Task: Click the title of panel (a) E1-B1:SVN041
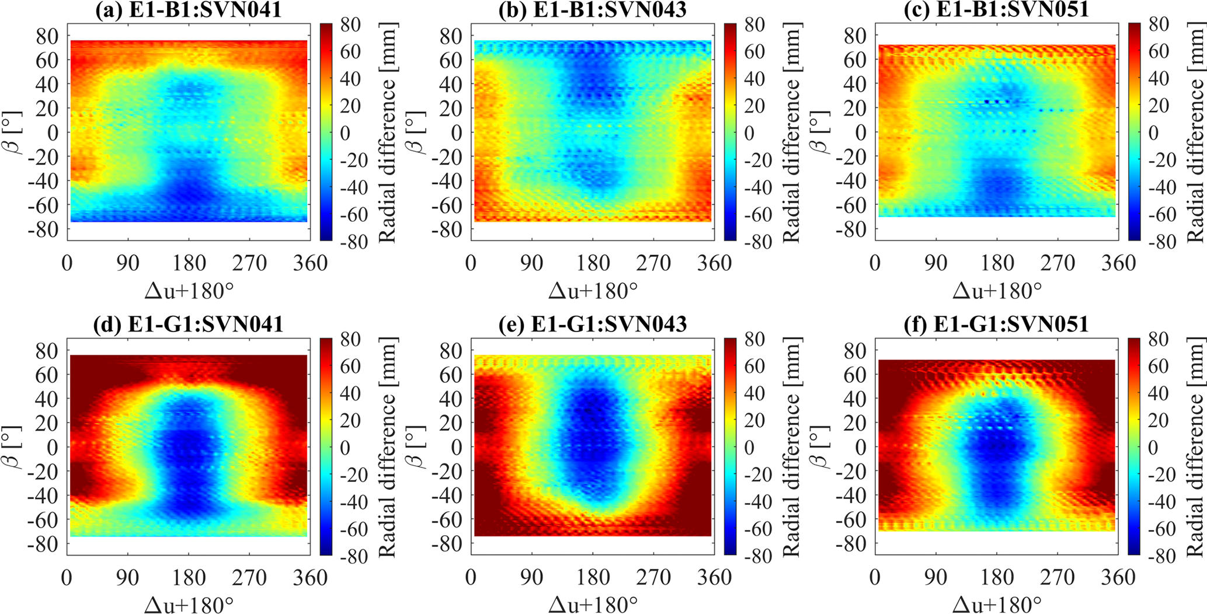pos(188,9)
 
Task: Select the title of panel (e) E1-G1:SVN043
pos(592,324)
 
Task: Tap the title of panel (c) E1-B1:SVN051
pos(996,9)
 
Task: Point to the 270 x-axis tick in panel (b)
pos(653,263)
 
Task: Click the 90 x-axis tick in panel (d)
pos(128,578)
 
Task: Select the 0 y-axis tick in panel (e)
pos(456,447)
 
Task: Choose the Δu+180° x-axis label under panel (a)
pos(188,290)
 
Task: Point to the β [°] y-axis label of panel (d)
pos(16,447)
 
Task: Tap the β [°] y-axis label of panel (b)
pos(420,132)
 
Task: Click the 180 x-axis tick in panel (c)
pos(997,263)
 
